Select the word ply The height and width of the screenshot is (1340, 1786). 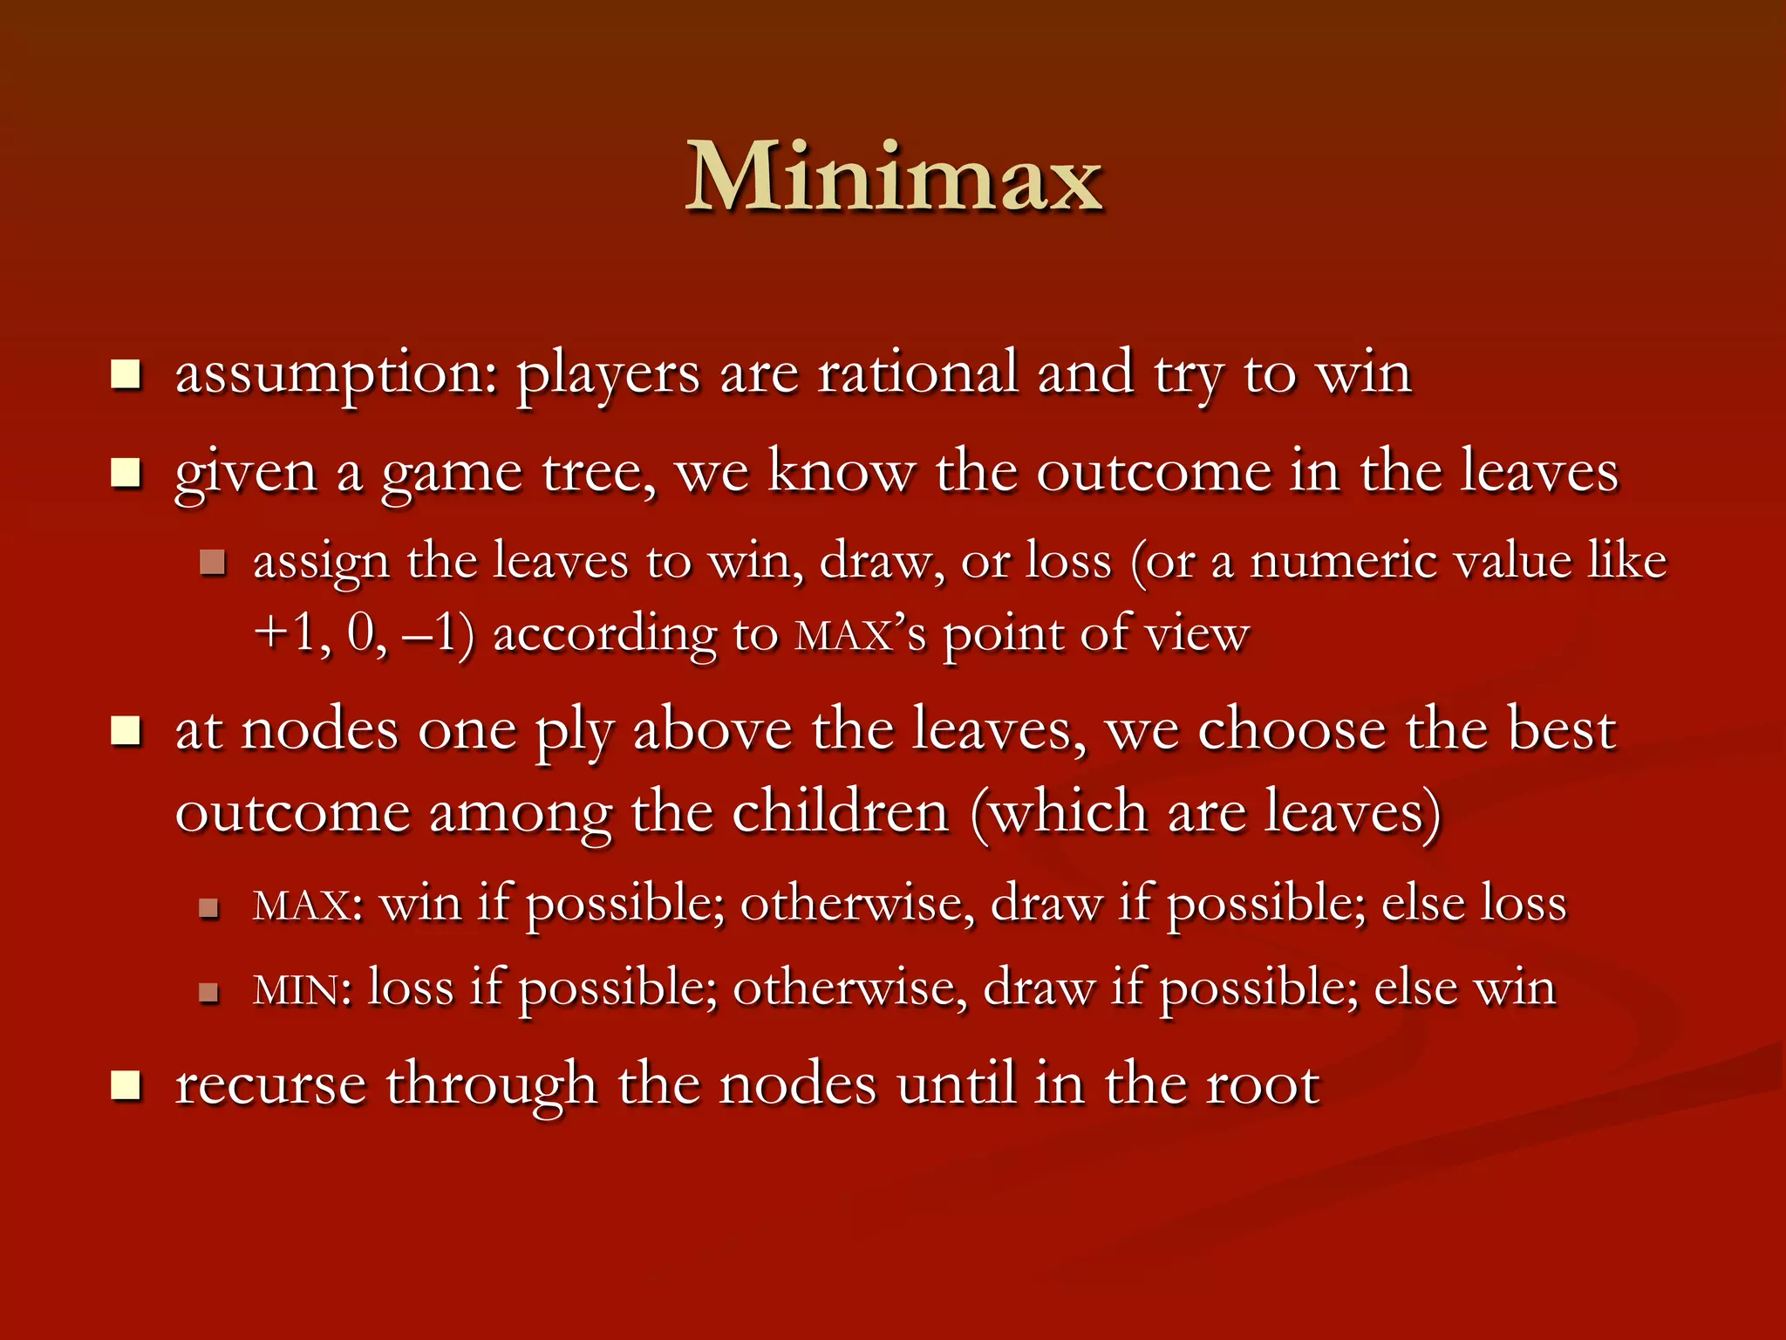tap(574, 731)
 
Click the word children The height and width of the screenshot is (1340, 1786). tap(840, 812)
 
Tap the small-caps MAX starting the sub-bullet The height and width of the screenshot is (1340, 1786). tap(302, 906)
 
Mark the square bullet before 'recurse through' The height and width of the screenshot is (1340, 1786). tap(126, 1085)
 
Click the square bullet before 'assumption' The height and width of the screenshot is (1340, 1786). tap(126, 374)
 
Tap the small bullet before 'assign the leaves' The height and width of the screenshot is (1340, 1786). tap(212, 562)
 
